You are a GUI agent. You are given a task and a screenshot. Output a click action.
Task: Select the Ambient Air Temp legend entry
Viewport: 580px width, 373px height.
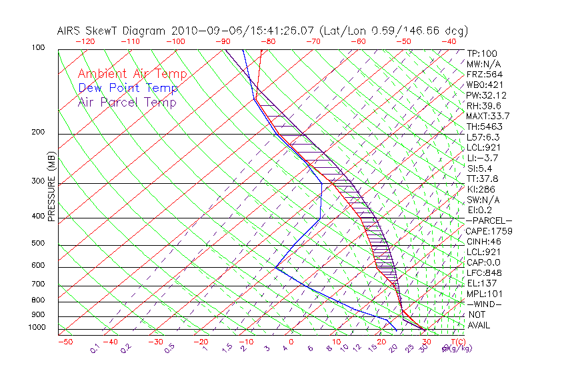132,74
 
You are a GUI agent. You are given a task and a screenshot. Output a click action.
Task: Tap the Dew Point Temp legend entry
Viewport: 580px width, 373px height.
128,88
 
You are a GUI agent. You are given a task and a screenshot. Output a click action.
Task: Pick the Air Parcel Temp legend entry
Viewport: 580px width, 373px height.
127,102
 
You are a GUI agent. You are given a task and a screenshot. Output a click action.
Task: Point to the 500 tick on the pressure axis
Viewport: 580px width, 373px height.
38,244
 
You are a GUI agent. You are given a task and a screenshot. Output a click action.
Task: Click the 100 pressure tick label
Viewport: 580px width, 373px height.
38,48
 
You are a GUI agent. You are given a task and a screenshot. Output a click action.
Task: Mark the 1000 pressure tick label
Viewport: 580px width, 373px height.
36,328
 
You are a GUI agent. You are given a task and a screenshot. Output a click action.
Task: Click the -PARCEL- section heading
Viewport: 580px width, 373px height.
489,220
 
